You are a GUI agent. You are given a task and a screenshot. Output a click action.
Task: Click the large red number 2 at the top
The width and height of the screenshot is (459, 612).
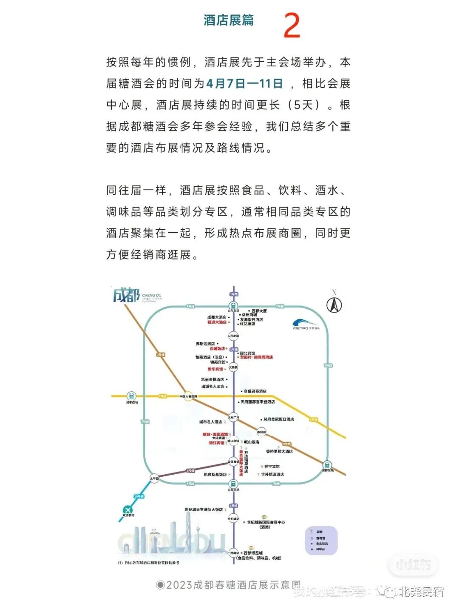[292, 26]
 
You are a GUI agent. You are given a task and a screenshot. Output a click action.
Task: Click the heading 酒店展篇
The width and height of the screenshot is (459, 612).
[228, 20]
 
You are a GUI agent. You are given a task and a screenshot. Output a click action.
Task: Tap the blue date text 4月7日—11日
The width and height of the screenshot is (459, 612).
[244, 83]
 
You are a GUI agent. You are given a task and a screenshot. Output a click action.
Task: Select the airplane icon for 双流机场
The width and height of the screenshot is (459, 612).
[127, 510]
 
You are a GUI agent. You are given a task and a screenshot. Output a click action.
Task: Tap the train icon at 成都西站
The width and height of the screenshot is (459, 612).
[131, 396]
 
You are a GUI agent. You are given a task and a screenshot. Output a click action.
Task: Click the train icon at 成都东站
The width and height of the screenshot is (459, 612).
[327, 464]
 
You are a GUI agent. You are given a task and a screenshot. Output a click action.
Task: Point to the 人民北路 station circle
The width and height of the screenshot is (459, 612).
[233, 336]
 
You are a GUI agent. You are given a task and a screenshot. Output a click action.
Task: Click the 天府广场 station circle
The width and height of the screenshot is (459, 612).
[233, 417]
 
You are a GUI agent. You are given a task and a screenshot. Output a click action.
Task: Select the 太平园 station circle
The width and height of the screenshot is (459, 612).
[154, 478]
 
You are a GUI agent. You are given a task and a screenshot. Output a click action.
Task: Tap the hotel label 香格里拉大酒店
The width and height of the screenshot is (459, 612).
[279, 451]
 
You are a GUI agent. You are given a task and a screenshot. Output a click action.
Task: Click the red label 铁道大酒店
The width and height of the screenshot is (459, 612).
[217, 322]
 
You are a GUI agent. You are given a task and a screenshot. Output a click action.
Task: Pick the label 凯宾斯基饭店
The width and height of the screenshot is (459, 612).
[215, 475]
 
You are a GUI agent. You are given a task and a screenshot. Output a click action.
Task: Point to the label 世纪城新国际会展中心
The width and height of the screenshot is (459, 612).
[266, 522]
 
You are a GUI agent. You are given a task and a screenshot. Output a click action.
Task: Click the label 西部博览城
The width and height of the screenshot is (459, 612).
[253, 553]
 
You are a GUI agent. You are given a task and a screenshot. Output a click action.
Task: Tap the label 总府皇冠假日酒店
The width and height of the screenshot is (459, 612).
[278, 419]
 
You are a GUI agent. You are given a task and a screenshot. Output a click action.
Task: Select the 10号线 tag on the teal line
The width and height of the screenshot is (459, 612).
[139, 496]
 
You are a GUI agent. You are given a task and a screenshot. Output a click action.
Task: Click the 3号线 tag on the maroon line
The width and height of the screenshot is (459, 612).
[190, 471]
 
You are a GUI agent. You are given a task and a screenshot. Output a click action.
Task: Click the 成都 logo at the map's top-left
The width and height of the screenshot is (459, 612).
[126, 295]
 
